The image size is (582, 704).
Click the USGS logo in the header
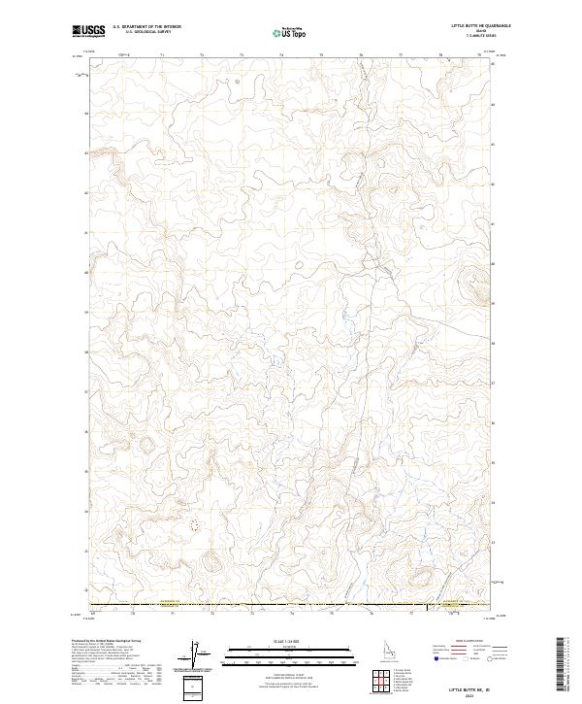tap(89, 31)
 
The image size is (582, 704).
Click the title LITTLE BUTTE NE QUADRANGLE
tap(480, 25)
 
